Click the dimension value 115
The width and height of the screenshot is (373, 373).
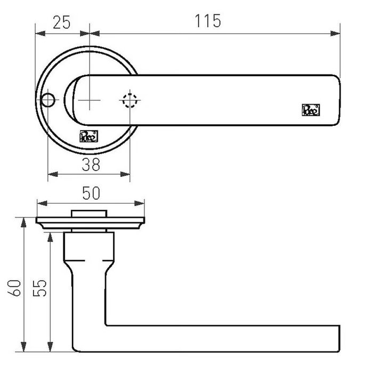[208, 21]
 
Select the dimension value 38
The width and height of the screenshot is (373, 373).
[91, 165]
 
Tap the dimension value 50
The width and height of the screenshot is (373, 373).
[90, 193]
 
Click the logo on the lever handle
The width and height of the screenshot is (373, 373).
[311, 110]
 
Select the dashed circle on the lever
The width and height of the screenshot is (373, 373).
[129, 100]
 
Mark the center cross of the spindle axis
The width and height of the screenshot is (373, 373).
[90, 100]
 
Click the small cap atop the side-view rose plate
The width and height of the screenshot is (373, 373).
[90, 214]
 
